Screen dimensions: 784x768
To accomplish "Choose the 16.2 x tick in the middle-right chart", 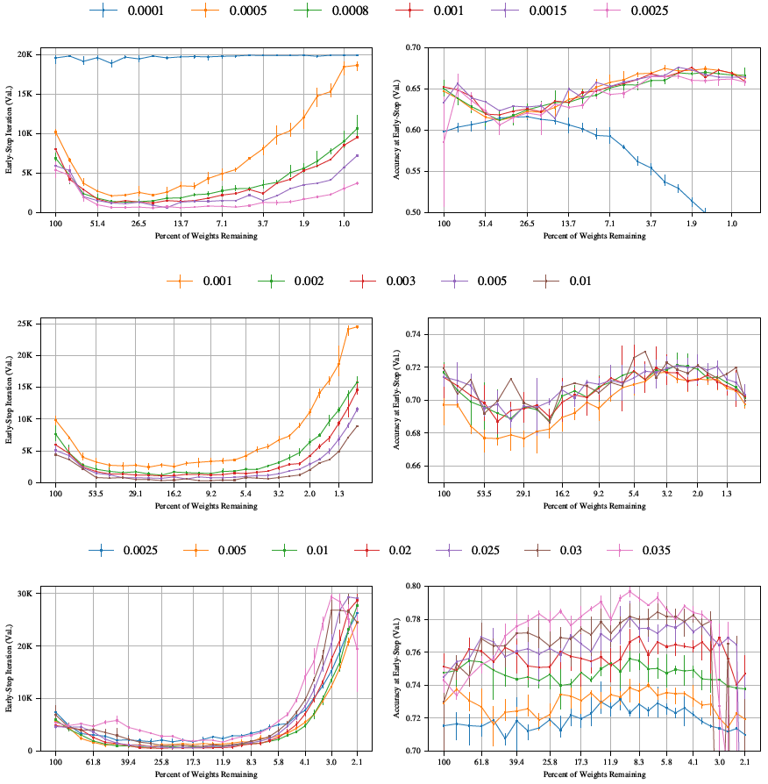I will pos(558,494).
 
